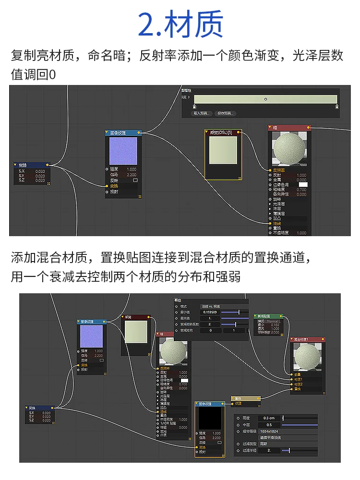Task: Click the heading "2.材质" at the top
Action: point(180,25)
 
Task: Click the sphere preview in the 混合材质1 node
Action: point(308,359)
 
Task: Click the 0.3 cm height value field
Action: point(269,418)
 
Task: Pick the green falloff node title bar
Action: point(268,316)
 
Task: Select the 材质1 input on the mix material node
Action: point(299,379)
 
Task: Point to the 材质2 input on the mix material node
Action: point(299,384)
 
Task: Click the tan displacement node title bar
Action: point(245,398)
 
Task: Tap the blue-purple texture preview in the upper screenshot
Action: point(123,151)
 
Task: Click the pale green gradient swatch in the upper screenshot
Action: point(223,156)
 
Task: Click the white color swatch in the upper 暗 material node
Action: point(303,184)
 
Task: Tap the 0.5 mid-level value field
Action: point(269,425)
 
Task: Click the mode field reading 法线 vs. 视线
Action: point(224,306)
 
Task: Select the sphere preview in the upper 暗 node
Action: point(289,149)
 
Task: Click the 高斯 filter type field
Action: point(269,444)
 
